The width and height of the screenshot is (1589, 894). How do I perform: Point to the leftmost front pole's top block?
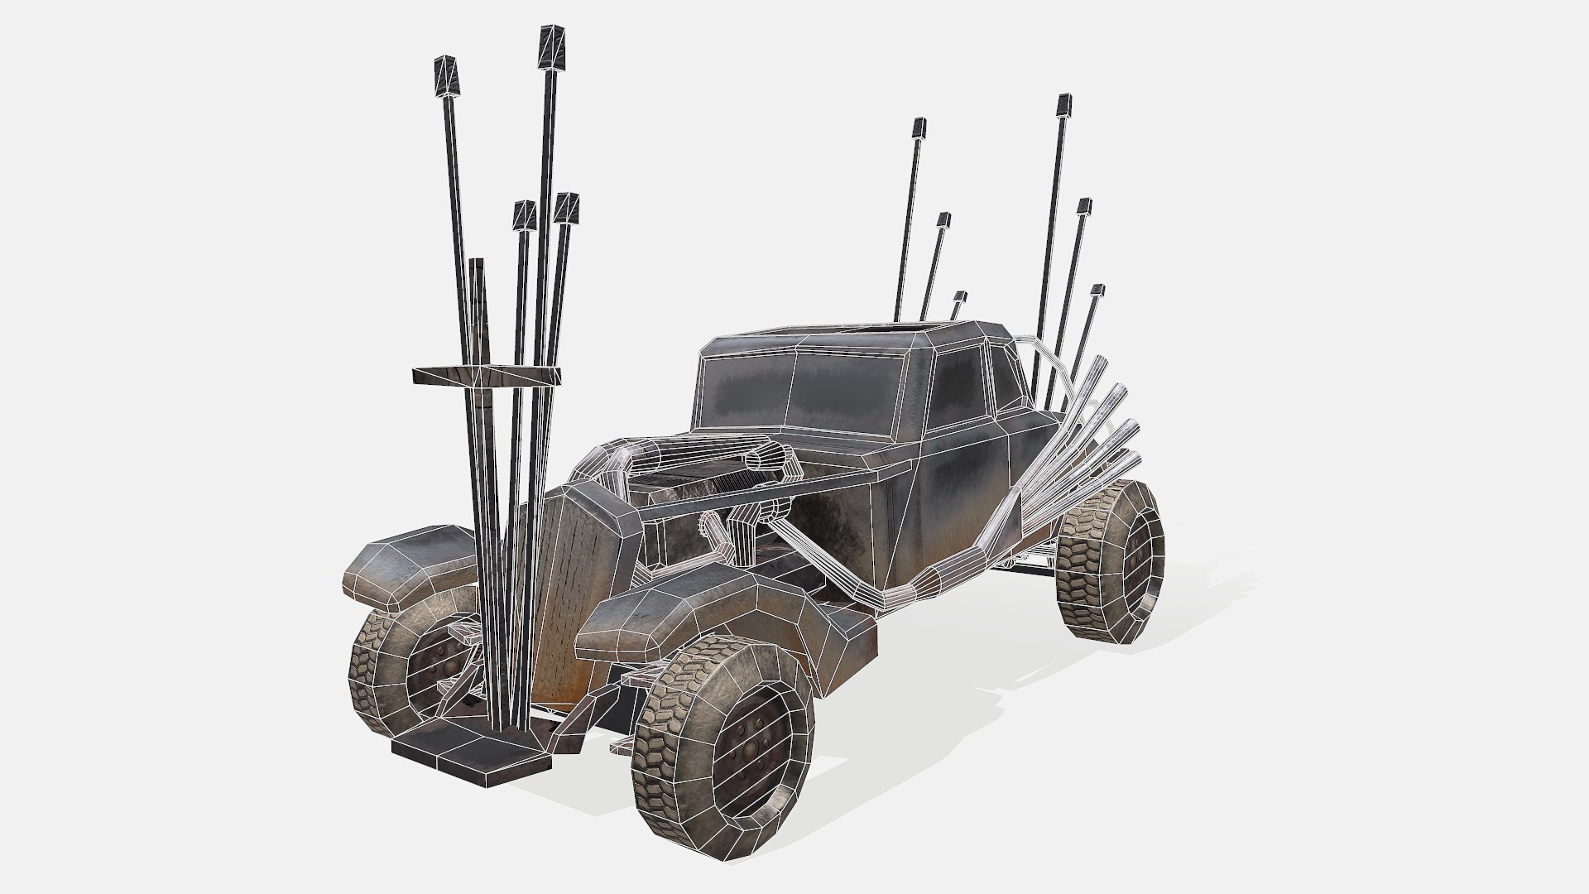point(449,74)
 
